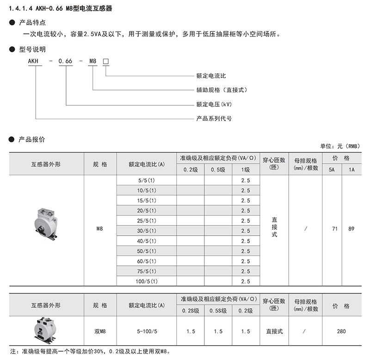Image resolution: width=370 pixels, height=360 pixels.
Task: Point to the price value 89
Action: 351,230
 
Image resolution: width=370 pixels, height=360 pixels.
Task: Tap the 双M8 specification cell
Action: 100,331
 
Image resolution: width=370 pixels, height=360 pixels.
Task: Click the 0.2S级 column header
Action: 190,311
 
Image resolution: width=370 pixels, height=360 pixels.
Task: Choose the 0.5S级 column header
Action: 218,311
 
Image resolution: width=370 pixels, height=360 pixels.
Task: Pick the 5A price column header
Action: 332,170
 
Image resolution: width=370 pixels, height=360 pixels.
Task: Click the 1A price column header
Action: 351,170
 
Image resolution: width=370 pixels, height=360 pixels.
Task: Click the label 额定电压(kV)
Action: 214,104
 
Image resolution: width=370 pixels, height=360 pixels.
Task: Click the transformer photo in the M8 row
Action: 46,223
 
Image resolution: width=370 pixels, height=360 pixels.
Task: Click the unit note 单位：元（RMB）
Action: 339,146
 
